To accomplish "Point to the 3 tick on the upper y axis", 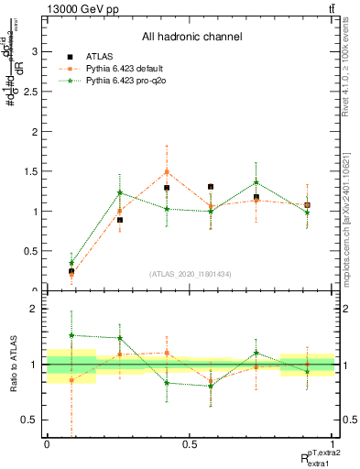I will (35, 51).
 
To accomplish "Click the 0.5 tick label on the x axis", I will (190, 445).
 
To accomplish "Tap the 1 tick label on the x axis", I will (333, 445).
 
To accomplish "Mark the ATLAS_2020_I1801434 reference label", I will (191, 273).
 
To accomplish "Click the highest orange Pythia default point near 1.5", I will (167, 171).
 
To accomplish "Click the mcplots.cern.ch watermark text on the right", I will (348, 211).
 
